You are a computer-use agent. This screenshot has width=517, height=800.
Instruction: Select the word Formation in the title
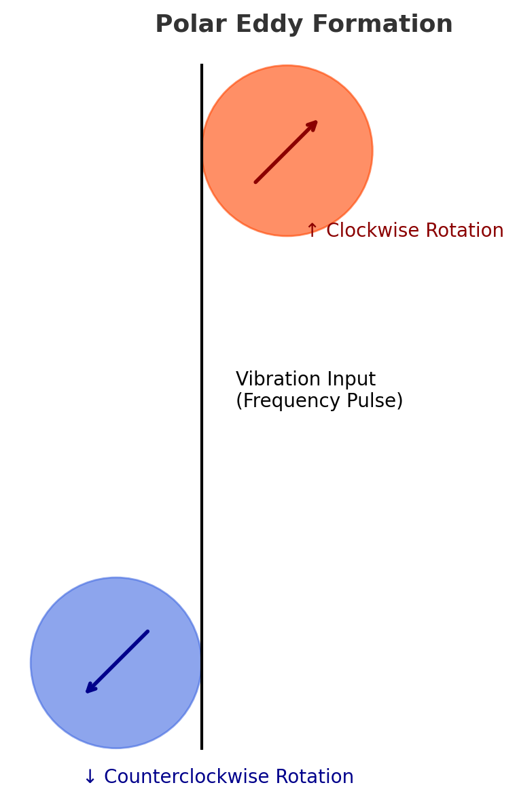tap(370, 24)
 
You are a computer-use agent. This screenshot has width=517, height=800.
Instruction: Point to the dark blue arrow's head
tap(88, 691)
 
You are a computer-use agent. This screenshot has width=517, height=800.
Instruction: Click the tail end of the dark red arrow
tap(256, 182)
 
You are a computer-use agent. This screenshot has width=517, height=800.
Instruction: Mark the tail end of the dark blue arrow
tap(147, 632)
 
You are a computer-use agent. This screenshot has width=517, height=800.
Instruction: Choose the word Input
tap(351, 379)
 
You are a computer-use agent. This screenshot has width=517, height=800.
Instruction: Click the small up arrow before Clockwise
tap(312, 231)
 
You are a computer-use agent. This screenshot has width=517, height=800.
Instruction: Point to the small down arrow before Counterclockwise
tap(90, 778)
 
